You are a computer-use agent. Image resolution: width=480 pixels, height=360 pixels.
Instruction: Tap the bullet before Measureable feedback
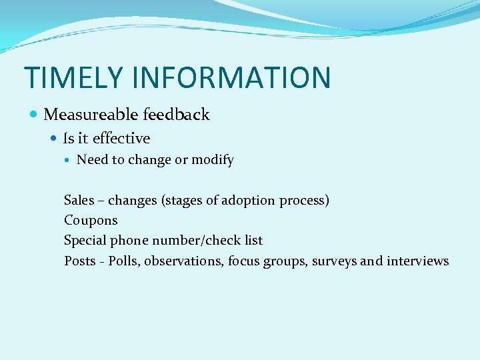35,115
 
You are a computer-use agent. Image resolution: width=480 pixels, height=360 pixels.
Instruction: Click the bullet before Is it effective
55,139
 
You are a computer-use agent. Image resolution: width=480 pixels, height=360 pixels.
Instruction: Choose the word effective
121,139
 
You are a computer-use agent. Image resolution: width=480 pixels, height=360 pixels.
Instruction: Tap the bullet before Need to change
69,160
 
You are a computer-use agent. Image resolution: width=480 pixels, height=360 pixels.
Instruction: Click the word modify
213,160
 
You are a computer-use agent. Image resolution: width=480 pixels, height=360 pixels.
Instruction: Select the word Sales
79,200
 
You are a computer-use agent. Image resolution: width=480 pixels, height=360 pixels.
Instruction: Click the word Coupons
91,220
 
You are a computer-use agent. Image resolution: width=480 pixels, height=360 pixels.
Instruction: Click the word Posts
80,261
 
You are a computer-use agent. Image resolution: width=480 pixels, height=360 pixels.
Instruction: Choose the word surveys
335,261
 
